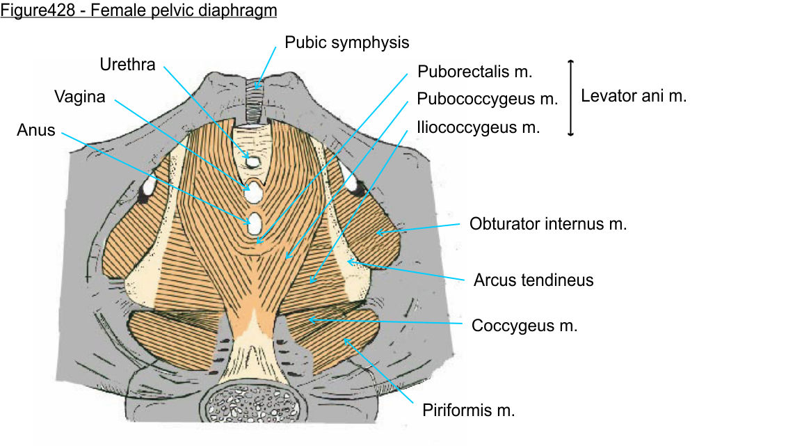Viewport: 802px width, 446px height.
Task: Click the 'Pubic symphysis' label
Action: click(x=346, y=42)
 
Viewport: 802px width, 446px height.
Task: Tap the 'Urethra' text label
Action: click(x=127, y=65)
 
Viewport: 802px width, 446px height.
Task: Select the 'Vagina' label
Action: click(x=80, y=97)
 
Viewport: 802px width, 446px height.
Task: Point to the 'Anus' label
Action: click(x=36, y=129)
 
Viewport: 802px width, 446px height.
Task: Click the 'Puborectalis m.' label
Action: click(x=475, y=71)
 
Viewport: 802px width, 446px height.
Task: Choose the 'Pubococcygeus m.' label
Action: click(x=487, y=99)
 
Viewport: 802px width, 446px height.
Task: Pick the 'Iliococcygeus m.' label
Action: click(x=478, y=127)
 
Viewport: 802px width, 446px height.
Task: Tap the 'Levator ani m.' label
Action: click(x=634, y=96)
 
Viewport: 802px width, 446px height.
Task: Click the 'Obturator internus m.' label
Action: click(x=548, y=224)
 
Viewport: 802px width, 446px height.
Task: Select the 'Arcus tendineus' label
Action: click(x=534, y=280)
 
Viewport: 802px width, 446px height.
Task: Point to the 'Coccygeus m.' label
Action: click(x=524, y=325)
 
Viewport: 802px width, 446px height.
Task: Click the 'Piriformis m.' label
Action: click(x=468, y=410)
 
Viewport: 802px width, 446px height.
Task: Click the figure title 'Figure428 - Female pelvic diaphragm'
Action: click(x=139, y=12)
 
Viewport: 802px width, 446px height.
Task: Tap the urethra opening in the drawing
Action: click(x=253, y=161)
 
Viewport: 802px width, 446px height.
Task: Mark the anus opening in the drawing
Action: click(x=255, y=224)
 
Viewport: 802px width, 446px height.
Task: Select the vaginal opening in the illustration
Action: click(x=254, y=190)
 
